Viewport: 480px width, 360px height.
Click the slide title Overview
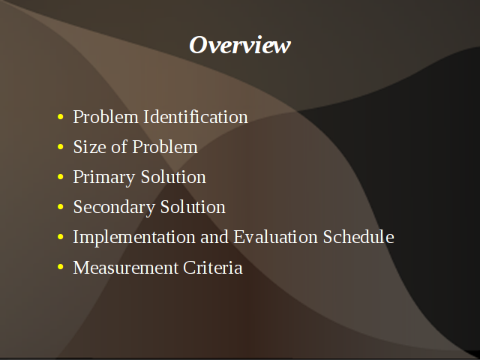[x=240, y=45]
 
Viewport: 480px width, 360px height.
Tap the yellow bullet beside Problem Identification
[x=60, y=117]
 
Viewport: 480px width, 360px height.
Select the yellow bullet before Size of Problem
[x=60, y=147]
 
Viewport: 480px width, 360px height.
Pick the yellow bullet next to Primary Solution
[x=60, y=177]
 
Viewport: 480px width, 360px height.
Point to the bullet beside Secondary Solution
[x=60, y=207]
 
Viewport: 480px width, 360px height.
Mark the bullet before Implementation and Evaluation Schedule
[x=60, y=237]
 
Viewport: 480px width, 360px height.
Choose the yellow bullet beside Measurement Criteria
[x=60, y=267]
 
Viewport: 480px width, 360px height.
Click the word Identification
[x=196, y=117]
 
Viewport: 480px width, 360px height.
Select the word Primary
[x=104, y=178]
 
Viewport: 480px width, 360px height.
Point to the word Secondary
[x=114, y=208]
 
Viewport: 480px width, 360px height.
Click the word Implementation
[x=134, y=238]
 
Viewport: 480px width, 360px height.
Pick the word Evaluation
[x=275, y=237]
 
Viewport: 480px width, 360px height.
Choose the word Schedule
[x=358, y=237]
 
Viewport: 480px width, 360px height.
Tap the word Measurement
[x=125, y=267]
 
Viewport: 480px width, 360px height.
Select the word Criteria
[x=213, y=267]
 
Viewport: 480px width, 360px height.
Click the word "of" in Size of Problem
[x=119, y=147]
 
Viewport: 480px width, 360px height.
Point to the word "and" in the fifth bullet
[x=214, y=237]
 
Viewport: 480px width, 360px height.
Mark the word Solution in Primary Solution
[x=173, y=177]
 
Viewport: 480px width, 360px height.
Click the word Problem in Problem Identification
[x=106, y=117]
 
